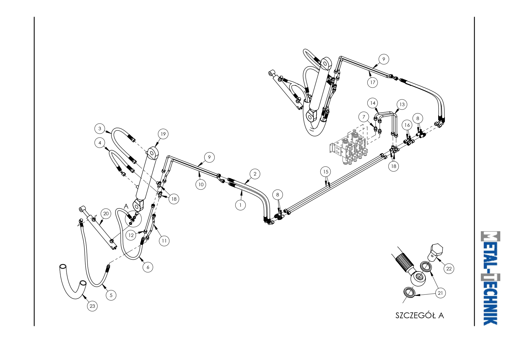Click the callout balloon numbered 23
[92, 306]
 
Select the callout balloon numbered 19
[163, 134]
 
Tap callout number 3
[100, 129]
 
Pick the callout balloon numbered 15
[326, 172]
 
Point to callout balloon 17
[373, 82]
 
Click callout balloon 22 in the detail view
[449, 269]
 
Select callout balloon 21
[440, 293]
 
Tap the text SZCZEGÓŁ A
[419, 315]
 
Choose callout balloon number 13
[402, 104]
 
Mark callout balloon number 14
[373, 103]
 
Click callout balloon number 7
[364, 117]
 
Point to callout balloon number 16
[407, 125]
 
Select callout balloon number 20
[106, 214]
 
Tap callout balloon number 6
[148, 267]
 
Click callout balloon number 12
[131, 235]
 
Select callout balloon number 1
[240, 205]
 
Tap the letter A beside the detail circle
[126, 206]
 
